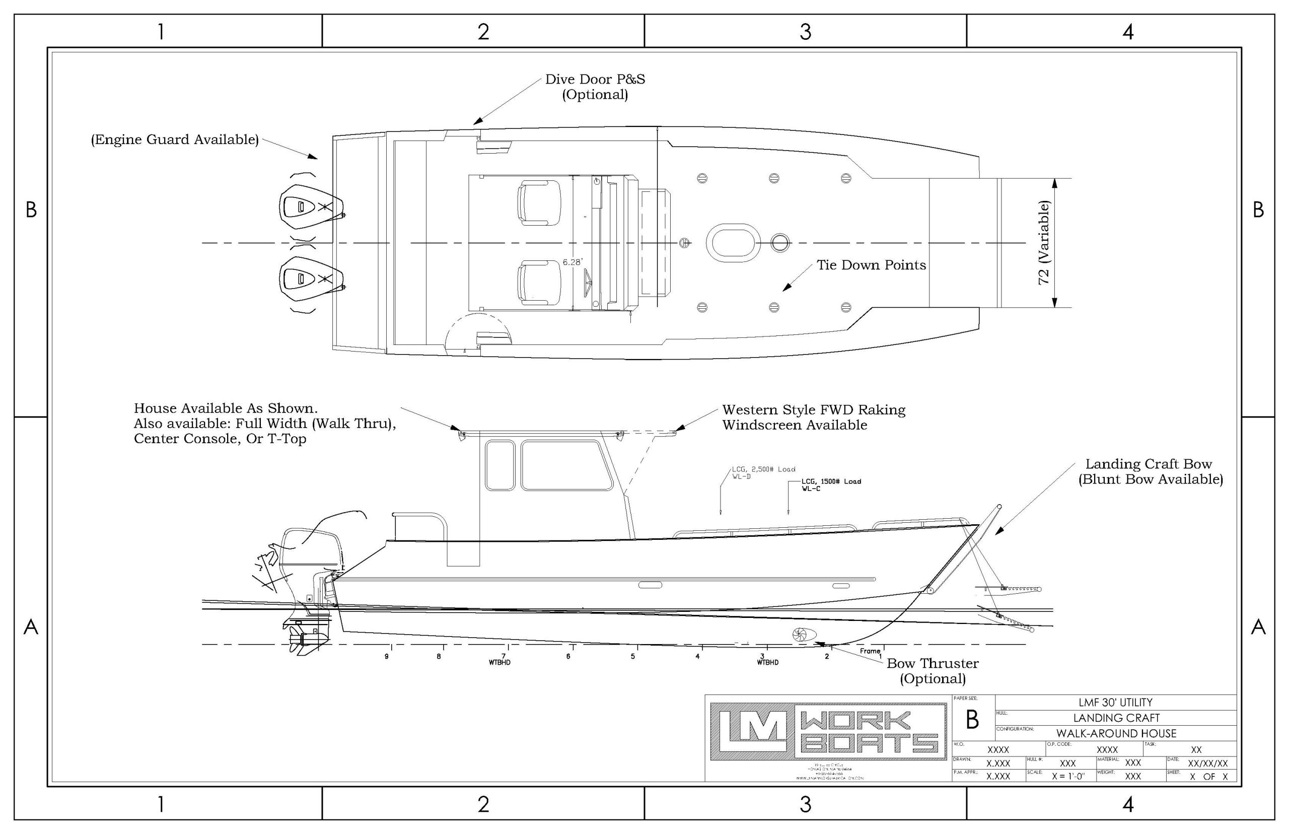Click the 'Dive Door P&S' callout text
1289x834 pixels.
595,80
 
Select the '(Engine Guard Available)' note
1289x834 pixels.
174,140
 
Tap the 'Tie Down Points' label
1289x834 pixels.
871,265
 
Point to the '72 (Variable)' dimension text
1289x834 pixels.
1044,243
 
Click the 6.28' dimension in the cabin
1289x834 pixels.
571,262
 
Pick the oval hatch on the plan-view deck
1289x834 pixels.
733,243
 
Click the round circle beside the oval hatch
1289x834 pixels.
779,243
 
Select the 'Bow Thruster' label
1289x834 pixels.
932,663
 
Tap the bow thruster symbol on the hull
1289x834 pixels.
801,634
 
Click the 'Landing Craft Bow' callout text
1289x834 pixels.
1148,464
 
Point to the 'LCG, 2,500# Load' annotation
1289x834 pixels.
763,469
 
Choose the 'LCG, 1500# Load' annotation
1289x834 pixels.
831,481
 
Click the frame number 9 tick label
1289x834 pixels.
387,656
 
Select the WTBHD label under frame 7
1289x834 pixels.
499,662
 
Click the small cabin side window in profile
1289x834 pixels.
499,465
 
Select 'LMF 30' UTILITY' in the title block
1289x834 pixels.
1115,703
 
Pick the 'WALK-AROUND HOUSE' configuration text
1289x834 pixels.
1116,734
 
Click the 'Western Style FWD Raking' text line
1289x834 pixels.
813,410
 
